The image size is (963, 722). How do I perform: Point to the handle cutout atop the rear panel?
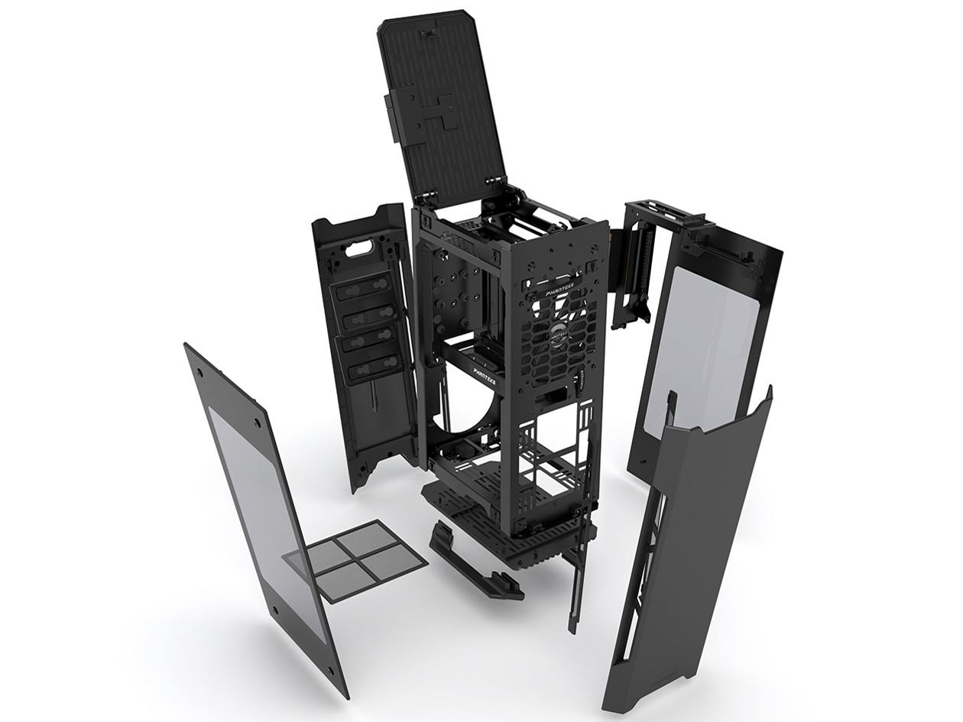[358, 249]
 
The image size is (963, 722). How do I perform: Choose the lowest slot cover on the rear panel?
[369, 371]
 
